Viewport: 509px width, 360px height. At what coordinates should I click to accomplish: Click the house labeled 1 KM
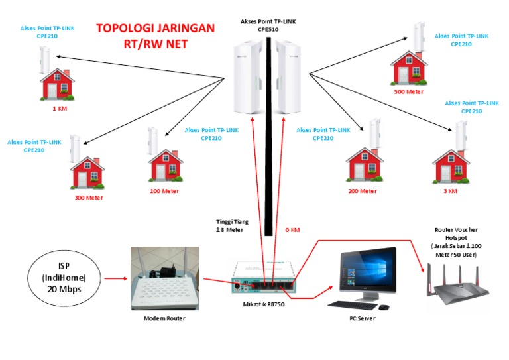58,84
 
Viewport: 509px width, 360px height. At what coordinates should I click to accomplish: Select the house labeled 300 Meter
87,173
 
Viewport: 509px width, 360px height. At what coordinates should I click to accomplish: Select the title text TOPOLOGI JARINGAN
155,29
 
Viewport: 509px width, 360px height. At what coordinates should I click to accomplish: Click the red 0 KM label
292,230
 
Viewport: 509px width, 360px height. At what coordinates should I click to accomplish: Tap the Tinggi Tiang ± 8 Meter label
232,225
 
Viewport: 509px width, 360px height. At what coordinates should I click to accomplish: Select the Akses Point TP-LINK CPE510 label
268,25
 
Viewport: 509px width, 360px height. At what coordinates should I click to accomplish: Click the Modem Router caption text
164,318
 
